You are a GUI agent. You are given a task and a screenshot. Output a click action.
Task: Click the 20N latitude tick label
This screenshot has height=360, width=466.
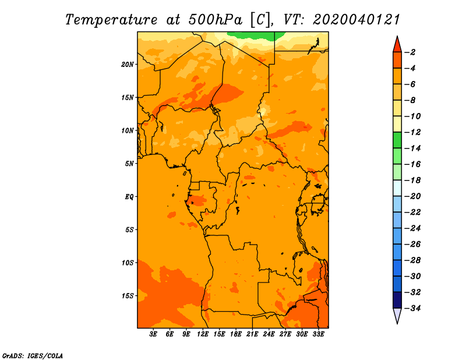tap(128, 65)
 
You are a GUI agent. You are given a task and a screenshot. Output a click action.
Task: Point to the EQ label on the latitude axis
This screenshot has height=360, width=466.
tap(129, 197)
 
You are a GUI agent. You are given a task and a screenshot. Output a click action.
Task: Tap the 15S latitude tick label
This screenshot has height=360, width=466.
tap(128, 296)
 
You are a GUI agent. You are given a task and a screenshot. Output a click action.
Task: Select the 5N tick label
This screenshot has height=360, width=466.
tap(129, 164)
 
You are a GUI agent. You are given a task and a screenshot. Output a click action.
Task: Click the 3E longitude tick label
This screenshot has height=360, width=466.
tap(153, 334)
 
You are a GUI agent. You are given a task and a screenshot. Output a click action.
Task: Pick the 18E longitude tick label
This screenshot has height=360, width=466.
tap(236, 334)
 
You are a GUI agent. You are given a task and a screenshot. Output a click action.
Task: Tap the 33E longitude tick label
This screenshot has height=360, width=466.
tap(318, 334)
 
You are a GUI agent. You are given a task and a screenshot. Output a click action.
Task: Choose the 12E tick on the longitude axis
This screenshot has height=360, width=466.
tap(203, 334)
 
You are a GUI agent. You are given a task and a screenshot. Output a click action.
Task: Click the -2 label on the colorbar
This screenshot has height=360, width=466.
tap(410, 52)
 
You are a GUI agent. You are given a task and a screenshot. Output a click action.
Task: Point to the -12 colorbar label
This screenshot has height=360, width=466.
tap(412, 132)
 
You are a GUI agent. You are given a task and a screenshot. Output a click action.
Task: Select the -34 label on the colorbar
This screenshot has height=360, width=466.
tap(412, 308)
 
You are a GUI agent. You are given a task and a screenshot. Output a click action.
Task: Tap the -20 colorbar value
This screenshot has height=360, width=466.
tap(412, 196)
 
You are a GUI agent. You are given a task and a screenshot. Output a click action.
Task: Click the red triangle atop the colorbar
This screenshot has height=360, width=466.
tap(397, 45)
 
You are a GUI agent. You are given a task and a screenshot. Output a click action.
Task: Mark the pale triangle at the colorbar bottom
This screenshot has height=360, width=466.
tap(397, 315)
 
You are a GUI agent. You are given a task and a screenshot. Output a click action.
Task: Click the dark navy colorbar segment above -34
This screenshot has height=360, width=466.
tap(397, 300)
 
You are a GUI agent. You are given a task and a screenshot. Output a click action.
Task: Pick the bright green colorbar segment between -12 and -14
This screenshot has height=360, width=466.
tap(397, 140)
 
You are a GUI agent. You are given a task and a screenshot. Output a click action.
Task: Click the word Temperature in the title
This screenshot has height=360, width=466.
tap(111, 20)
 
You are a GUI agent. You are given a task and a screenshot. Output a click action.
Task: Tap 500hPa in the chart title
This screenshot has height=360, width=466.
tap(216, 20)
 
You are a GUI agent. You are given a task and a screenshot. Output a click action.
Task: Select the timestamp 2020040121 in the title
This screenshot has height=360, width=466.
tap(356, 20)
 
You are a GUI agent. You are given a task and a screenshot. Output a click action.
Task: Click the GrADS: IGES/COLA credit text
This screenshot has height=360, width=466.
tap(33, 356)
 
